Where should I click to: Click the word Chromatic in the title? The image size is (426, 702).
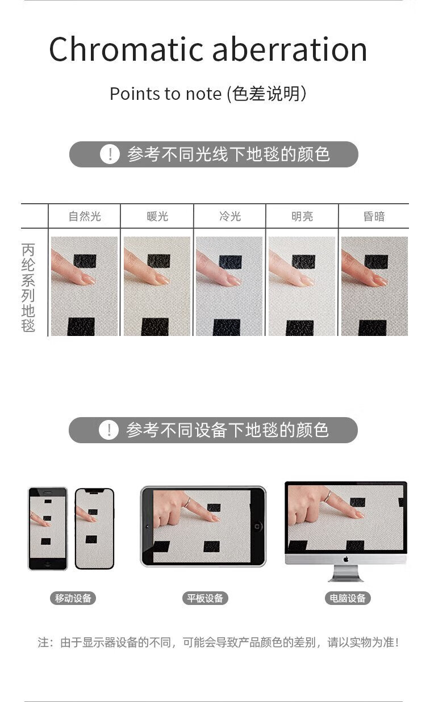point(126,49)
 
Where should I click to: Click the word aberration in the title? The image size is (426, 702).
point(290,49)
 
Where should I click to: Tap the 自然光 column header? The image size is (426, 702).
point(85,216)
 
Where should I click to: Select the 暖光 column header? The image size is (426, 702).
point(157,216)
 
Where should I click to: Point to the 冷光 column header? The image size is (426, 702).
point(230,216)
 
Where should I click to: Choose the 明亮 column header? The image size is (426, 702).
point(302,216)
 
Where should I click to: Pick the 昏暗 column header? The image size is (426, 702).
point(374,216)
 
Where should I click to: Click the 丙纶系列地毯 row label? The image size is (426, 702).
point(28,287)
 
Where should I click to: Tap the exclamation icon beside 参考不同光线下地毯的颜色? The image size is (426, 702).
point(110,154)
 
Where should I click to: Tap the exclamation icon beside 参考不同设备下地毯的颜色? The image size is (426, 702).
point(108,430)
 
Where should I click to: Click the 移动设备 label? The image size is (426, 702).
point(73,598)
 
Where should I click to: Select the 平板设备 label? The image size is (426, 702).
point(205,598)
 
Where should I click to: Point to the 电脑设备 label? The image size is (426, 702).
point(348,598)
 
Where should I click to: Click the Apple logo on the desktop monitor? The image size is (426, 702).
point(346,559)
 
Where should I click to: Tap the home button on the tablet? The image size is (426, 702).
point(257,526)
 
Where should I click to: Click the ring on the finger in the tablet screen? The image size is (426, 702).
point(187,502)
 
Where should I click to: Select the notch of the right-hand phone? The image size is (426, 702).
point(94,491)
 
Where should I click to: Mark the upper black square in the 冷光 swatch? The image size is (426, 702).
point(230,262)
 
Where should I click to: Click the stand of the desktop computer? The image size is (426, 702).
point(346,573)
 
